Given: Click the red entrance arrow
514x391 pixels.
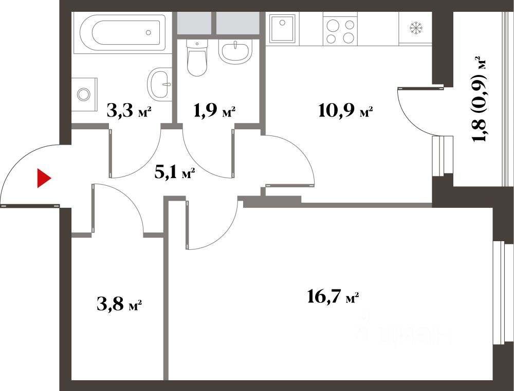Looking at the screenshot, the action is pos(43,179).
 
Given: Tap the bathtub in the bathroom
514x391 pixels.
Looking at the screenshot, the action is pos(123,33).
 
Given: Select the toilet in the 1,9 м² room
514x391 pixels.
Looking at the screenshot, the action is pos(197,57).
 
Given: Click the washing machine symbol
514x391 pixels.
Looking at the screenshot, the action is pos(84,94).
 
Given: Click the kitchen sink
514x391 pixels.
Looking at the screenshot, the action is pos(282,29).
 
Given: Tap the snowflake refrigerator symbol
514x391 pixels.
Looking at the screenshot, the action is pos(416,28).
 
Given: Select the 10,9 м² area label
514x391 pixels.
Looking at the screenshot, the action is pos(345,111).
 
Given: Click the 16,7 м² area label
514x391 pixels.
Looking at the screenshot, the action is pos(333,297).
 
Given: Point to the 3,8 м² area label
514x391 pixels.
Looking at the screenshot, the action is pos(119,304).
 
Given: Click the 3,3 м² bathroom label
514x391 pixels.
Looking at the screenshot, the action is pos(129,111).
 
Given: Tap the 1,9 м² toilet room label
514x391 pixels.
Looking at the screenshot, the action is pos(214,111).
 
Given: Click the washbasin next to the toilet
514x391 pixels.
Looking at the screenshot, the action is pos(235,52).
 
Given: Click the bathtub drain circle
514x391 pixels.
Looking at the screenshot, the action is pos(149,32).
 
